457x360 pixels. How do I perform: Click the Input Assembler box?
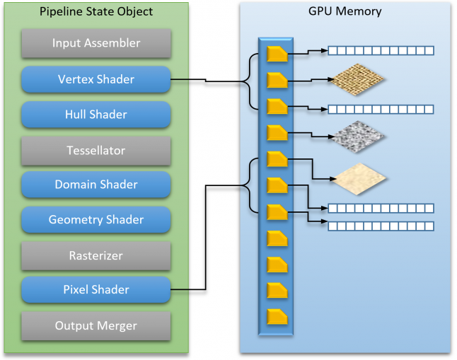[96, 44]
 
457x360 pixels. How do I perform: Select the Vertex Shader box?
[96, 79]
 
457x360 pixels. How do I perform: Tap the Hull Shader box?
[96, 115]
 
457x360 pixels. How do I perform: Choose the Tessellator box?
[96, 150]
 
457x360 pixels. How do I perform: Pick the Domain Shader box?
[96, 185]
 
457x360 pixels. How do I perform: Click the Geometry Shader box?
[96, 220]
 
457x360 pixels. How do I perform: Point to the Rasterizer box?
[96, 255]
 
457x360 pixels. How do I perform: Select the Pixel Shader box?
[96, 290]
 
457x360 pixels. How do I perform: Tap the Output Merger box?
[96, 325]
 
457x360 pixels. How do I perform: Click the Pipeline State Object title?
[96, 12]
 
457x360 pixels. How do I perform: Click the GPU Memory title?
[345, 11]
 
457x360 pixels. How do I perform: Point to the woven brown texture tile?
[357, 78]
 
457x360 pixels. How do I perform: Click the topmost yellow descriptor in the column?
[277, 54]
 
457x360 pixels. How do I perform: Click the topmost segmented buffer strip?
[380, 51]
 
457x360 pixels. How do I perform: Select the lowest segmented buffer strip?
[380, 226]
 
